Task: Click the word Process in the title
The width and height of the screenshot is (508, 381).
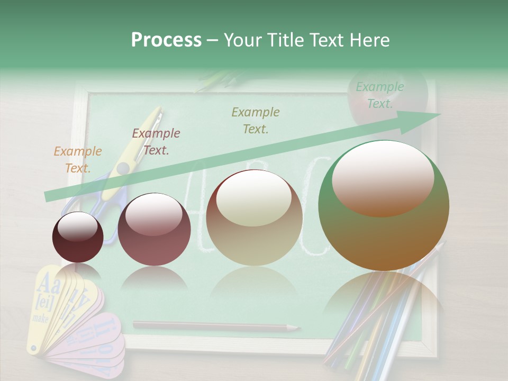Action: [x=166, y=40]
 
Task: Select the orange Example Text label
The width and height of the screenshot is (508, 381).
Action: [x=77, y=159]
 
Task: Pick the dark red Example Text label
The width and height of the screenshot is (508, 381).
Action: [x=156, y=141]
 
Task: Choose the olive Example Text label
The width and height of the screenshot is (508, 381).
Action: [x=255, y=120]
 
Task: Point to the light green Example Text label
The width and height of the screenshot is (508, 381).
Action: [x=379, y=95]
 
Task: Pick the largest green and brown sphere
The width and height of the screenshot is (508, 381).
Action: [x=384, y=233]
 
